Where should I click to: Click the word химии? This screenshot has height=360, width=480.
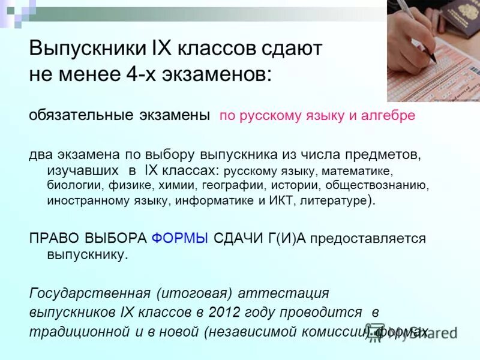coord(184,185)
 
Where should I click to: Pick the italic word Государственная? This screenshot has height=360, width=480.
coord(89,293)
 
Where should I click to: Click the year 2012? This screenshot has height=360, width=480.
coord(223,313)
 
